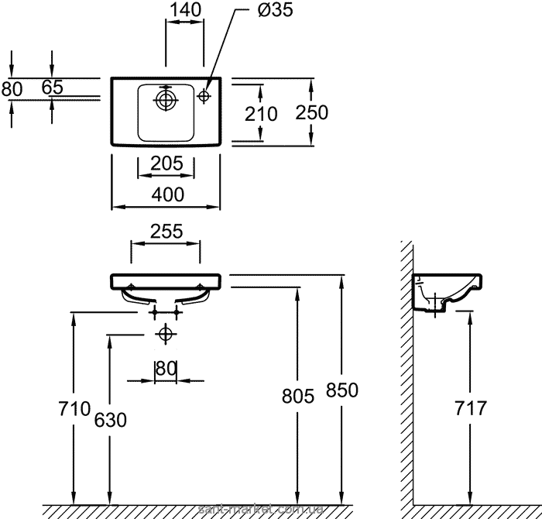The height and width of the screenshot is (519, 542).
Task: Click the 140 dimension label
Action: [186, 10]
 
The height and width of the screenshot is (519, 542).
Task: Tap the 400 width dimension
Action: [168, 194]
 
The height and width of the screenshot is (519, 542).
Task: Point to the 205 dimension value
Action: [167, 163]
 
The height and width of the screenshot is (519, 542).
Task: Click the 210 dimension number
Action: [261, 113]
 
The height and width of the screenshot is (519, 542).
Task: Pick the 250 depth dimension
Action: [312, 112]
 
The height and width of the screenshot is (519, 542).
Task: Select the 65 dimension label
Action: [52, 88]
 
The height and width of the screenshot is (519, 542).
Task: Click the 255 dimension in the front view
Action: [166, 231]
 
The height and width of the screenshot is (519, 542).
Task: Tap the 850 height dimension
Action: [343, 390]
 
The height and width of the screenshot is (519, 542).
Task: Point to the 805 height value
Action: [299, 397]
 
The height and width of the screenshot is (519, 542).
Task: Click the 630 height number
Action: [109, 418]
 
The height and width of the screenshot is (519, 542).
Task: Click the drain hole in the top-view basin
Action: [165, 99]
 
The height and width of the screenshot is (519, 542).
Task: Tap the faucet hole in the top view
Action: [204, 96]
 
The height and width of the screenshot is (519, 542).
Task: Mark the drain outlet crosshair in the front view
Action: [164, 335]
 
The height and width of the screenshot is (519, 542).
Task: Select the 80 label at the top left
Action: [12, 88]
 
